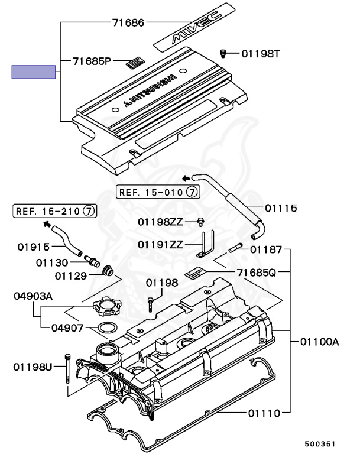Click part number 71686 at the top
point(128,23)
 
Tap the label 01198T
point(260,54)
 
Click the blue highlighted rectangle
point(34,72)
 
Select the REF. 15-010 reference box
point(158,192)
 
